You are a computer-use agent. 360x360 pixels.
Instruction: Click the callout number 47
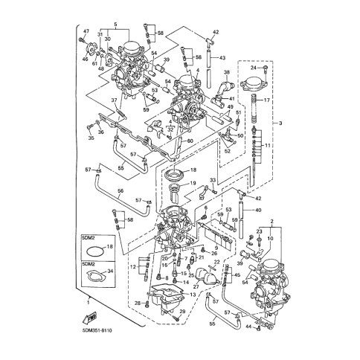pos(86,31)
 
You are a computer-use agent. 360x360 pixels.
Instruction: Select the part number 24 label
pos(254,68)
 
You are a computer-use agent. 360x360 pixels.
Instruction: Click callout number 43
pos(222,57)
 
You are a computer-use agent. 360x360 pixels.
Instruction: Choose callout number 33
pos(212,181)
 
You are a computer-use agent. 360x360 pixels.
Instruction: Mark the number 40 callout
pos(258,210)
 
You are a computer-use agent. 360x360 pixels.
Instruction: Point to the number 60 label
pos(190,141)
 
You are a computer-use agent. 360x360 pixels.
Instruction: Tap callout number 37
pos(115,100)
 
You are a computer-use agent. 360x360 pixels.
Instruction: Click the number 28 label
pos(137,303)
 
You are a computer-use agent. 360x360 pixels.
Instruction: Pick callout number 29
pos(183,311)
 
